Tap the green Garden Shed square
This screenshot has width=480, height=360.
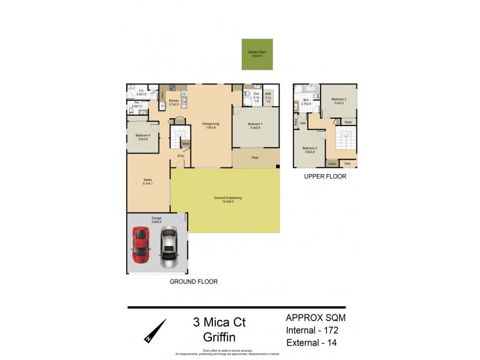pos(257,53)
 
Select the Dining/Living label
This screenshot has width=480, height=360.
pos(211,126)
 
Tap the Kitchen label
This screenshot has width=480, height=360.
pos(174,102)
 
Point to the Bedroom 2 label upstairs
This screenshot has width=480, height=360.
pos(310,150)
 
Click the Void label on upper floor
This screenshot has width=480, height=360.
pos(347,164)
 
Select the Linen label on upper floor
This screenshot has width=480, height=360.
pos(332,164)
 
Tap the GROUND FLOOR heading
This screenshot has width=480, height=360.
pos(193,281)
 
